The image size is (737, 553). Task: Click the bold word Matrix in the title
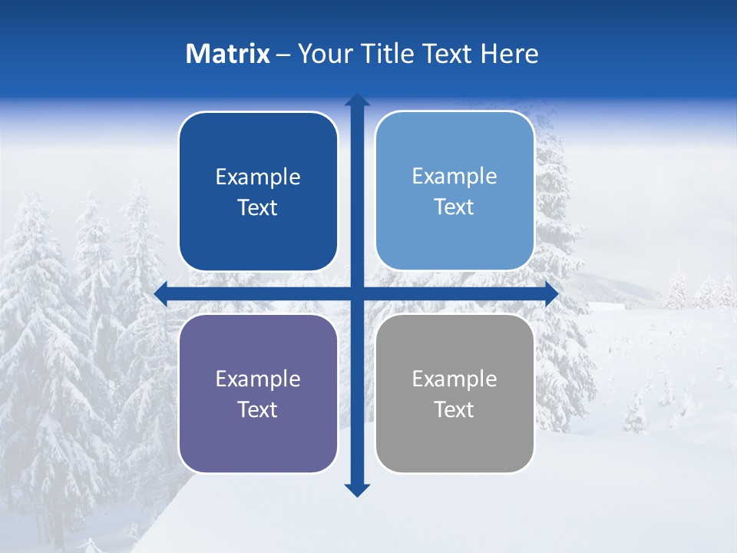coord(228,54)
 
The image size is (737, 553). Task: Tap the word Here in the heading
coord(509,54)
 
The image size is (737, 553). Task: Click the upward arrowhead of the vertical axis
coord(357,100)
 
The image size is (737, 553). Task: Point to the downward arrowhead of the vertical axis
coord(357,490)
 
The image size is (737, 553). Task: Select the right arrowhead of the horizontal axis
coord(551,294)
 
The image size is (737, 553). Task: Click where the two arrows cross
coord(357,294)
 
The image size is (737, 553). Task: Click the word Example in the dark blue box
coord(258,177)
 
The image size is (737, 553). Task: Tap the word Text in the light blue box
coord(454,207)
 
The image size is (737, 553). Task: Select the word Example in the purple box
coord(258,379)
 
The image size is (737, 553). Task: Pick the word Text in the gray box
coord(454,410)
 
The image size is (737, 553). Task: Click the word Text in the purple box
coord(258,410)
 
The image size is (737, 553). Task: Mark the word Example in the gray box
coord(454,379)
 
